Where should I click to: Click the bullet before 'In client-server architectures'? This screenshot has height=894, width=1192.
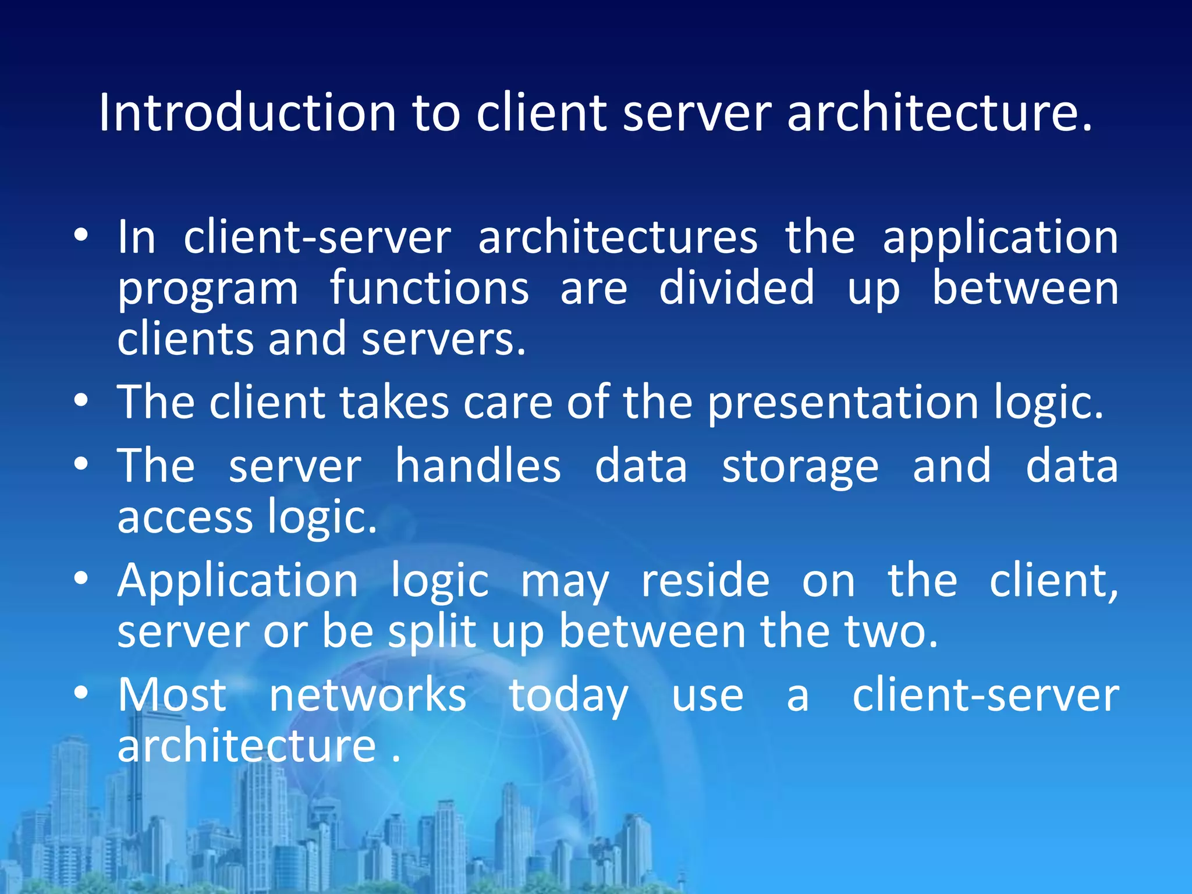[x=81, y=235]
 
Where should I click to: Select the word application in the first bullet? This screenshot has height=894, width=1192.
[x=1000, y=239]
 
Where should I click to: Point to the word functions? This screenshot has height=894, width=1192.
[x=430, y=288]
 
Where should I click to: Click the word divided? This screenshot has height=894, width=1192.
[x=736, y=288]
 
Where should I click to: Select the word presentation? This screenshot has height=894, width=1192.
[x=843, y=404]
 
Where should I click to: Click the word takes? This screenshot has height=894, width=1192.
[x=394, y=403]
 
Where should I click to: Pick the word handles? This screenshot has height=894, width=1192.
[x=478, y=466]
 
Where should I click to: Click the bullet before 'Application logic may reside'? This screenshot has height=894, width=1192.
[x=81, y=579]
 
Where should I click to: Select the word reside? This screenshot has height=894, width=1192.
[x=705, y=581]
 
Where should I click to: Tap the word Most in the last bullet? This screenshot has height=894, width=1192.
[x=172, y=695]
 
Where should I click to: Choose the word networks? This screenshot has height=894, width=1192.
[x=367, y=695]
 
